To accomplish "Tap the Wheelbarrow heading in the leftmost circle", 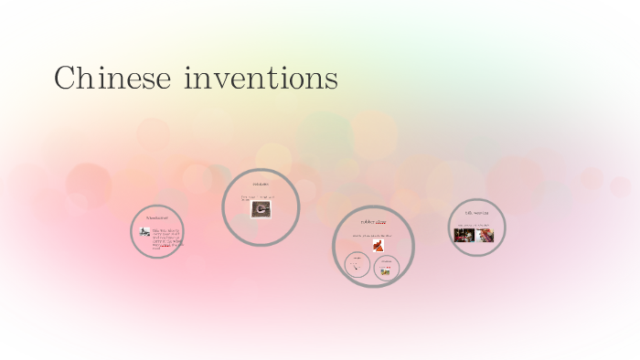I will [157, 217].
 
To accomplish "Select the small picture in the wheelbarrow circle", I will [145, 232].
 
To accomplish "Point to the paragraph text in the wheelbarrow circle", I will [167, 237].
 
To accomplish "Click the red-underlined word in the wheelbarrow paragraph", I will [166, 244].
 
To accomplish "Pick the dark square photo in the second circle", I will [260, 209].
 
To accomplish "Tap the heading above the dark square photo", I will [261, 185].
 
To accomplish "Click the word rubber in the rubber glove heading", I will [367, 222].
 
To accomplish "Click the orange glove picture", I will [378, 245].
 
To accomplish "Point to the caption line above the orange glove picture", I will [372, 235].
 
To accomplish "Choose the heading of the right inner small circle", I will [387, 260].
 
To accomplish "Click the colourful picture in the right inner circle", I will [387, 271].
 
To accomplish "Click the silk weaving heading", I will [477, 213].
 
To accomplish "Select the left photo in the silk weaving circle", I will [465, 234].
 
